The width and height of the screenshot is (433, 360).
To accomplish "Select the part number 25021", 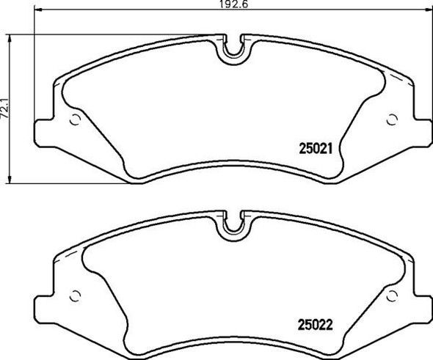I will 316,146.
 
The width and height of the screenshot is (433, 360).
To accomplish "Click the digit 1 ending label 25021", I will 332,146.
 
